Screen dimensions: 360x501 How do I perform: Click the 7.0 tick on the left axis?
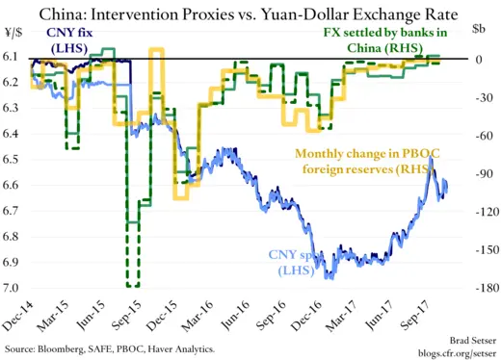[13, 287]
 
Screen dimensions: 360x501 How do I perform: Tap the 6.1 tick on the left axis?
[13, 59]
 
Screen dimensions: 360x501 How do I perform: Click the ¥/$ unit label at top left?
[14, 32]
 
